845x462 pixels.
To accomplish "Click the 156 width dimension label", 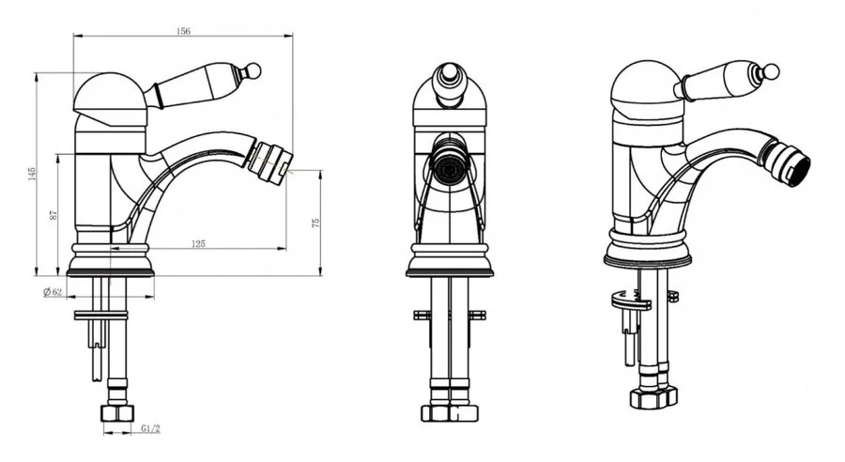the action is [x=183, y=31].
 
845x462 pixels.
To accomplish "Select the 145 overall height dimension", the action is [x=32, y=173].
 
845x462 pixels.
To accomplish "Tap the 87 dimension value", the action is [x=53, y=214].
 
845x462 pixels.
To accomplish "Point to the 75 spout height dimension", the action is [x=315, y=223].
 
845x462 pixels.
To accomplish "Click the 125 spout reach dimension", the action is [x=198, y=243].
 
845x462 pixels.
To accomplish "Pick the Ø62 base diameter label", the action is [x=53, y=292].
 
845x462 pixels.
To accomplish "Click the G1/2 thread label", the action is [x=151, y=428].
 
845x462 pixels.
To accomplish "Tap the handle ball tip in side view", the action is [x=253, y=70].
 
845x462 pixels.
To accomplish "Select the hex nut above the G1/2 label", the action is [x=117, y=413].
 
